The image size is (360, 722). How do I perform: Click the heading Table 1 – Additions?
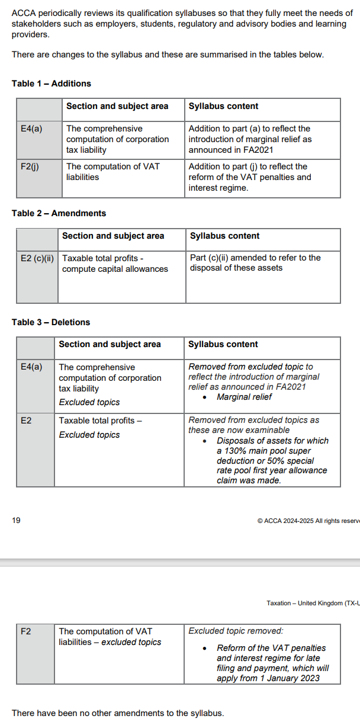click(x=52, y=84)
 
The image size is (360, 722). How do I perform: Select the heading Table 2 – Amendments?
click(x=59, y=213)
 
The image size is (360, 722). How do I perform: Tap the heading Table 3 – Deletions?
click(x=51, y=322)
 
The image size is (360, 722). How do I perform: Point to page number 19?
click(x=16, y=521)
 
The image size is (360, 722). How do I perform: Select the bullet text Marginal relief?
click(x=244, y=397)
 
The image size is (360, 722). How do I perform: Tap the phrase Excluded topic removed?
click(x=236, y=631)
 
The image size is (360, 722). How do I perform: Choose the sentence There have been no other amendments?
click(x=118, y=713)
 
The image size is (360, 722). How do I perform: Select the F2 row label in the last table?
click(x=26, y=631)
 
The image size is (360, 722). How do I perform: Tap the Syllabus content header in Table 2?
click(x=224, y=236)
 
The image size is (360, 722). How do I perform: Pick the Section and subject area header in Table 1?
click(x=117, y=106)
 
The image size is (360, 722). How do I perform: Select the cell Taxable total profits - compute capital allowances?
click(x=115, y=264)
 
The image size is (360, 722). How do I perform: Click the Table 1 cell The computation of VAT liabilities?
click(x=112, y=172)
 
